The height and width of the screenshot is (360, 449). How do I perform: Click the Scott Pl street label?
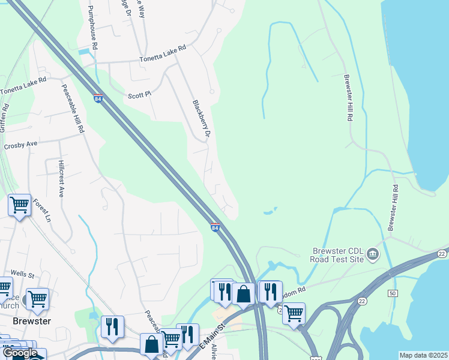139,95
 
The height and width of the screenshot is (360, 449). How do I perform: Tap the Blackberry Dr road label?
200,120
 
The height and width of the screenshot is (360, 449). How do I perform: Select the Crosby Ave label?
20,145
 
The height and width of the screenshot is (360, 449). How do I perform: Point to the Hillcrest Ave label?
61,179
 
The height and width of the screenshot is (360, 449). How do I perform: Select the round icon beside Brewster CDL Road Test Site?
373,255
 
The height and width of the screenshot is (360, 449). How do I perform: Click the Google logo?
20,353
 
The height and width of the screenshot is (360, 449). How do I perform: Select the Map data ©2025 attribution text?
423,355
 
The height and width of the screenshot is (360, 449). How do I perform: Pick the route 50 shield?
393,293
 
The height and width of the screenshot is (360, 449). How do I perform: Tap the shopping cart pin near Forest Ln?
19,205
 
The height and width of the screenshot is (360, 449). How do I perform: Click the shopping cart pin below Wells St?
37,298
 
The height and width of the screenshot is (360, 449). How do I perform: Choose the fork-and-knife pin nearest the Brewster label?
112,326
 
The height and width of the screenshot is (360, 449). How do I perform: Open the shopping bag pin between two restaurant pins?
244,293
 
